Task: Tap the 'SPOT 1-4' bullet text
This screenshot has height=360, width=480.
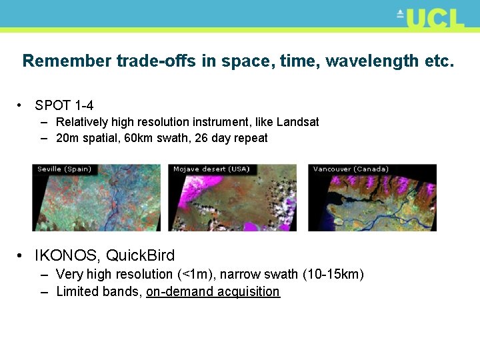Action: click(x=64, y=105)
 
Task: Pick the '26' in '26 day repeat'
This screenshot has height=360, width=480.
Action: click(x=202, y=139)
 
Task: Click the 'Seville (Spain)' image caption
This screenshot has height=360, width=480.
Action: click(x=65, y=169)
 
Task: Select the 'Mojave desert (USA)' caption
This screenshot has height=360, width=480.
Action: click(x=211, y=169)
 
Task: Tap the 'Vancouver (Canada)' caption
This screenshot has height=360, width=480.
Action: click(x=351, y=169)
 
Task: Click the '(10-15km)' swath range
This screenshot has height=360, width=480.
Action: click(x=333, y=275)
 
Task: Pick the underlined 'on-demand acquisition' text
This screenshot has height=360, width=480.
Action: click(x=213, y=292)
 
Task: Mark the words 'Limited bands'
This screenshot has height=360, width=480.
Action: click(x=98, y=292)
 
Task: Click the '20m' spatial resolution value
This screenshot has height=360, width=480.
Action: click(x=68, y=139)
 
